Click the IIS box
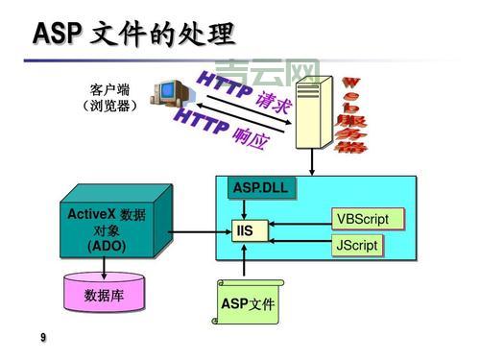pyautogui.click(x=246, y=231)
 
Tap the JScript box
pyautogui.click(x=356, y=245)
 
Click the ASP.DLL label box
pyautogui.click(x=258, y=185)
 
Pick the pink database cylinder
pyautogui.click(x=104, y=293)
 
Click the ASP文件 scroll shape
pyautogui.click(x=248, y=302)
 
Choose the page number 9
pyautogui.click(x=42, y=338)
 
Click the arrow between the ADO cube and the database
pyautogui.click(x=104, y=267)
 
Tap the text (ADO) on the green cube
pyautogui.click(x=107, y=246)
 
